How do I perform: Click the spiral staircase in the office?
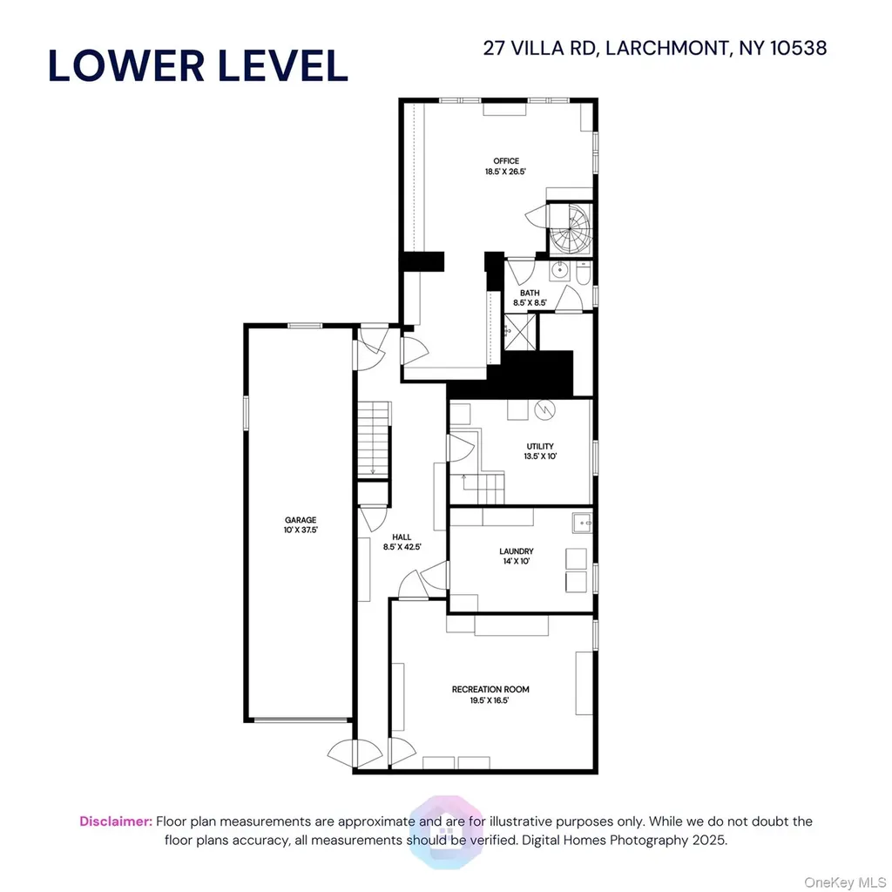click(570, 228)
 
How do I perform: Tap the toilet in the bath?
click(583, 273)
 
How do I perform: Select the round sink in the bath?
click(559, 270)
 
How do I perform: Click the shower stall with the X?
click(520, 331)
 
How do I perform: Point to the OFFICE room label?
click(506, 161)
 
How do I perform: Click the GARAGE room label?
click(301, 519)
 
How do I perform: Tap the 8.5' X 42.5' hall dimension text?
click(402, 547)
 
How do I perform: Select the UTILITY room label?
click(540, 447)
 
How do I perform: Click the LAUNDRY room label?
click(516, 551)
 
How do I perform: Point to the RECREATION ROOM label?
click(490, 690)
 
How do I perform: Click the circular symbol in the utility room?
click(544, 409)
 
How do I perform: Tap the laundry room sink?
click(582, 523)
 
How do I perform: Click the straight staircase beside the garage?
click(373, 439)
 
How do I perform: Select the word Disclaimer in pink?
click(116, 821)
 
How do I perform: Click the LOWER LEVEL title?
click(198, 65)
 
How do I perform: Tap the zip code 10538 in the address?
click(798, 48)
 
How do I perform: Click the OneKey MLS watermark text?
click(845, 882)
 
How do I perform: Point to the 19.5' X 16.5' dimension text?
click(490, 700)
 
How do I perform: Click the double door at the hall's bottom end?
click(355, 753)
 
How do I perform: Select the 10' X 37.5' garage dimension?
click(301, 530)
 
